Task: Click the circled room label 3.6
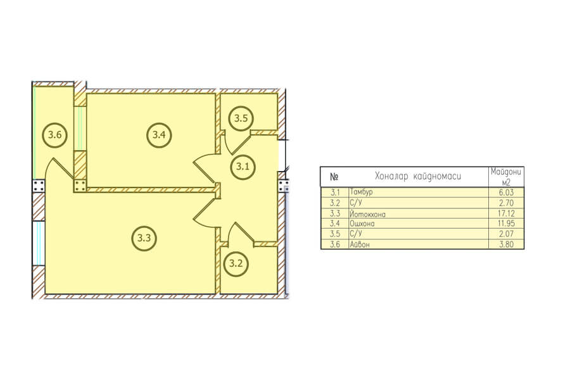(x=55, y=135)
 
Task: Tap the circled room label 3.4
(x=159, y=135)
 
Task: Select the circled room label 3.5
(x=241, y=118)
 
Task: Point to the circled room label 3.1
(x=243, y=167)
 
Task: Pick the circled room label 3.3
(x=144, y=238)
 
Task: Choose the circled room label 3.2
(x=236, y=263)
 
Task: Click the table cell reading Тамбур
(x=361, y=192)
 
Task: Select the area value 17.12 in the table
(x=507, y=213)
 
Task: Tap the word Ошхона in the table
(x=362, y=224)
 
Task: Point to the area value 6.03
(x=507, y=193)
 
